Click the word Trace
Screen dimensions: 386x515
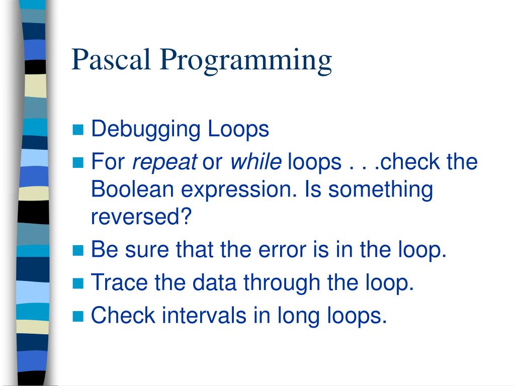[x=119, y=283]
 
